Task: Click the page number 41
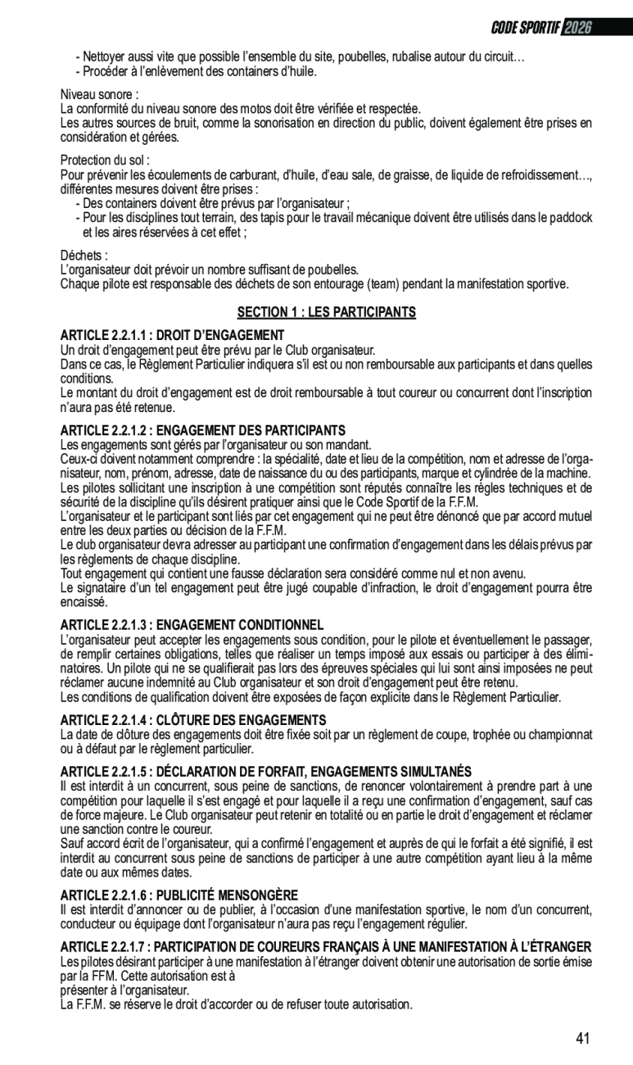582,1038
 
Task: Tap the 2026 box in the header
576,27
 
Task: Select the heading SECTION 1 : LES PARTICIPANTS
326,312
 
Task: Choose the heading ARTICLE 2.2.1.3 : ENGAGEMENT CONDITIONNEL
192,625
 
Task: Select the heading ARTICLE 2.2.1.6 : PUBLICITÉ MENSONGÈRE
179,895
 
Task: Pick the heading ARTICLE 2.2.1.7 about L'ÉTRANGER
326,946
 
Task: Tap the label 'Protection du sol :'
105,161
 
